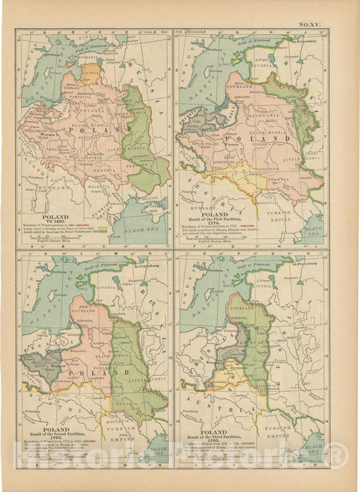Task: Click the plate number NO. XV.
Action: tap(311, 24)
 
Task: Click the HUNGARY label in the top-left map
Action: tap(49, 181)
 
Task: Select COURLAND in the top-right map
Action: tap(242, 86)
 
